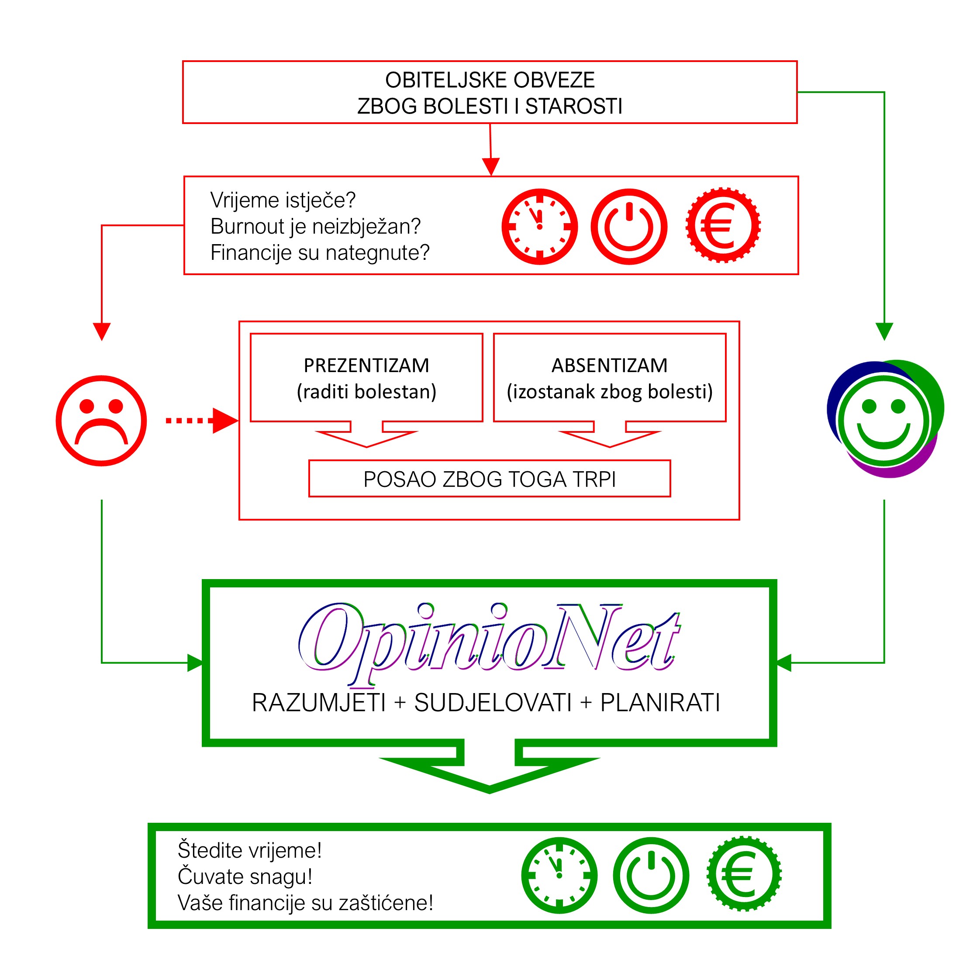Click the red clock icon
pos(540,226)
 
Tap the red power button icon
pos(629,226)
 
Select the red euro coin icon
pos(723,225)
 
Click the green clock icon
pos(559,876)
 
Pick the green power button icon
pos(651,876)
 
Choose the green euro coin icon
pos(744,874)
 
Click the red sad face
pos(101,421)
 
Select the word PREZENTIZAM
pos(366,365)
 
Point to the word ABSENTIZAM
pos(610,365)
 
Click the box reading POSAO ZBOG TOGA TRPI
pos(490,478)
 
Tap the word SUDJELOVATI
pos(493,703)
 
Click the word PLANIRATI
pos(660,703)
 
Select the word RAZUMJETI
pos(319,703)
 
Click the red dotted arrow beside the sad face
pos(202,421)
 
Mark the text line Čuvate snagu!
pos(245,876)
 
